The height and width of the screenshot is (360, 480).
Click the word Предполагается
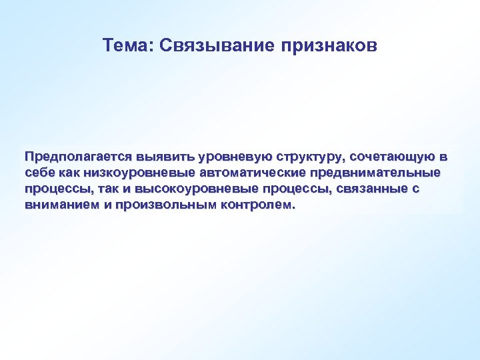click(x=78, y=157)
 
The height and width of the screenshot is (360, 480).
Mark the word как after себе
click(x=70, y=173)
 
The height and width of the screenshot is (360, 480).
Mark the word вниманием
click(x=61, y=205)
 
